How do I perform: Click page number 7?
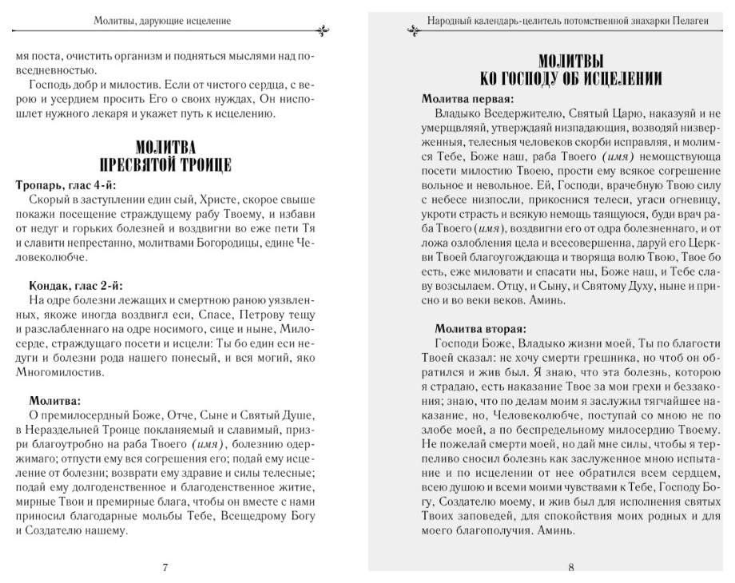pos(165,568)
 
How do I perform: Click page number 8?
pos(571,568)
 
